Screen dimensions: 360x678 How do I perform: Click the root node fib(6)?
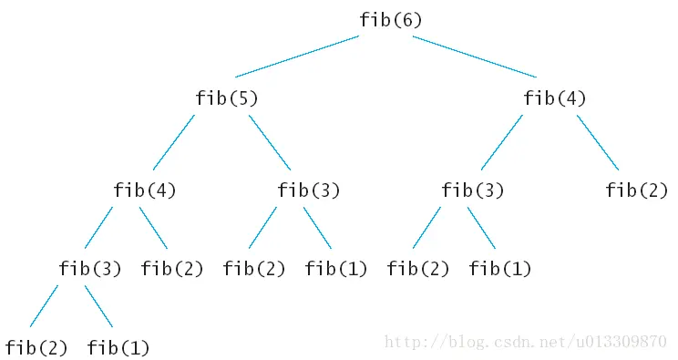coord(390,20)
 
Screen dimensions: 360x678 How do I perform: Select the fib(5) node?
coord(227,98)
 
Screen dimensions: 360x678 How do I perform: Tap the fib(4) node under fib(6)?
coord(555,98)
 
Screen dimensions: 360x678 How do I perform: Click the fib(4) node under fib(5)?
coord(145,190)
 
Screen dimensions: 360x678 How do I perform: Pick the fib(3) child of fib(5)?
coord(309,190)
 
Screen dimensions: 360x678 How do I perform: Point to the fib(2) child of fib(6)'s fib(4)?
coord(637,190)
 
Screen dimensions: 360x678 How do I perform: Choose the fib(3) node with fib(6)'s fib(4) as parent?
coord(473,190)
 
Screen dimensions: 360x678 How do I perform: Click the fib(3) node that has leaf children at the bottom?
coord(90,269)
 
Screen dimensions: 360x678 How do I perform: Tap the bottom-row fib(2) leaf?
coord(36,347)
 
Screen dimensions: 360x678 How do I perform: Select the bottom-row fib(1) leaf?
coord(118,347)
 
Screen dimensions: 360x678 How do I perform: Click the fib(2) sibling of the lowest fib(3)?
coord(172,269)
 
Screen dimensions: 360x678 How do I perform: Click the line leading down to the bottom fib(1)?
coord(98,306)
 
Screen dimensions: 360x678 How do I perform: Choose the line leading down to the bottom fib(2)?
coord(44,306)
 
